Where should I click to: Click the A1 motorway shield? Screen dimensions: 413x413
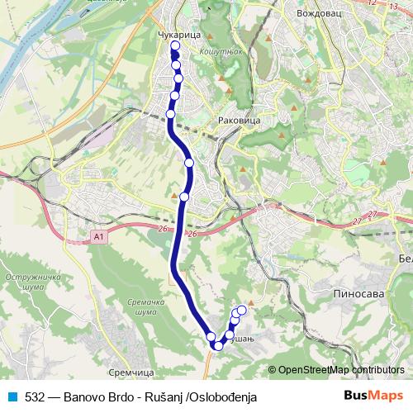pyautogui.click(x=99, y=237)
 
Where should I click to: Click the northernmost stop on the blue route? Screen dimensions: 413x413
pyautogui.click(x=174, y=46)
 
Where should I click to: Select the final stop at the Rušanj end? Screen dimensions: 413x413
pyautogui.click(x=242, y=311)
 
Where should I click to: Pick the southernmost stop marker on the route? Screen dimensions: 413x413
pyautogui.click(x=217, y=345)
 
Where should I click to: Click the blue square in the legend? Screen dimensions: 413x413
pyautogui.click(x=13, y=396)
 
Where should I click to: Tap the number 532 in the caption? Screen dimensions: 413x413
pyautogui.click(x=35, y=396)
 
